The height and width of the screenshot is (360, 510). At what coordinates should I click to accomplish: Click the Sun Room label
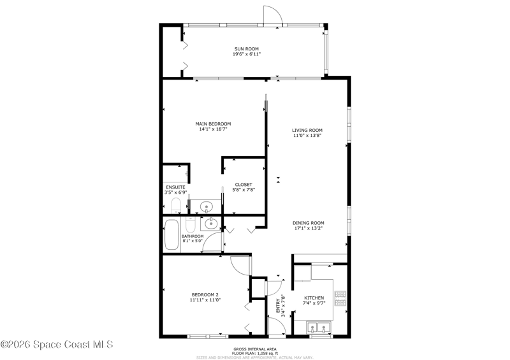coord(247,49)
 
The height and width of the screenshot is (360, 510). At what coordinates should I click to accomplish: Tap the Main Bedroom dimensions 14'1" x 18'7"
coord(213,129)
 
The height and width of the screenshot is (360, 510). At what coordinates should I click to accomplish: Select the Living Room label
coord(307,131)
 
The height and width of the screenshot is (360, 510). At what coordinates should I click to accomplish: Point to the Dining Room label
coord(309,223)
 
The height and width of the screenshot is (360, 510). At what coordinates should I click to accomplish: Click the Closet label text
coord(244,185)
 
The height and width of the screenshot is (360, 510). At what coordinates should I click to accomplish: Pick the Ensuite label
coord(176,187)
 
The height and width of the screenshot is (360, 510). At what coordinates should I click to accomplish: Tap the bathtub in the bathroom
coord(171,235)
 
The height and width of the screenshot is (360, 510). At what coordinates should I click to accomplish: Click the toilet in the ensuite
coord(176,205)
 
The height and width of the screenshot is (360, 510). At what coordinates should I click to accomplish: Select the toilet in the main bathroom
coord(190,224)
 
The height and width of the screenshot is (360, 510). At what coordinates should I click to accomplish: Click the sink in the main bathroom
coord(211,223)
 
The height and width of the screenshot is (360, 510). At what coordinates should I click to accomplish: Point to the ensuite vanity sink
coord(206,206)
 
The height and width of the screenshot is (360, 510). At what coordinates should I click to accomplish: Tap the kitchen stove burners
coord(340,299)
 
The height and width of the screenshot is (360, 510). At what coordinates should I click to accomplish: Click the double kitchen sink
coord(318,327)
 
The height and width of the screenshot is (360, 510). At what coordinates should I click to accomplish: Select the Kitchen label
coord(314,298)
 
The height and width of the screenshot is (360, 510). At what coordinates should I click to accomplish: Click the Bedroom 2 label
coord(205,295)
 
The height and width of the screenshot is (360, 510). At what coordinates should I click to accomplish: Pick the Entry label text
coord(278,306)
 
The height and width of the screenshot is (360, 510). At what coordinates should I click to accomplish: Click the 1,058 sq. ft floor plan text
coord(254,353)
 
